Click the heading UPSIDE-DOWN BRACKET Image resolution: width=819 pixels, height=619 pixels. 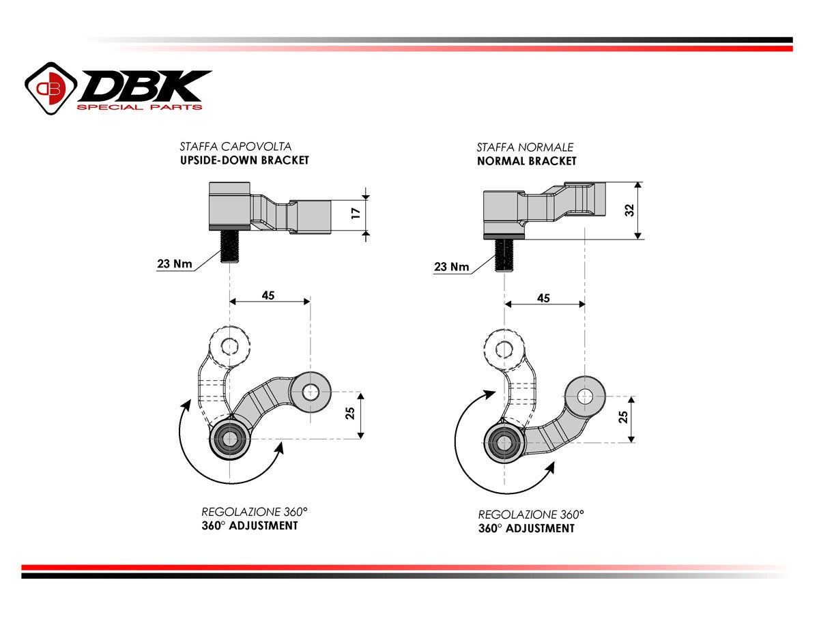[x=244, y=160]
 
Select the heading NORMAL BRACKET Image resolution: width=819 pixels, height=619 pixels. [x=526, y=161]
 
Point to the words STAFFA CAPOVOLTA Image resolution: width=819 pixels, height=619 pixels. [x=235, y=146]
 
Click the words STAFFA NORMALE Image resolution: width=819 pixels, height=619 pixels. [x=525, y=147]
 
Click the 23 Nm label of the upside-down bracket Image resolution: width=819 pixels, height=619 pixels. [x=174, y=263]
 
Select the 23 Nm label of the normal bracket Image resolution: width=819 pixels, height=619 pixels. [x=451, y=266]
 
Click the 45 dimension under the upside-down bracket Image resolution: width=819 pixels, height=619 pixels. [x=268, y=295]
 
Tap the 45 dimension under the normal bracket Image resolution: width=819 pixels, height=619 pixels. [x=543, y=298]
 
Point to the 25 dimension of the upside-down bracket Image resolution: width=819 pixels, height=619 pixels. [x=349, y=414]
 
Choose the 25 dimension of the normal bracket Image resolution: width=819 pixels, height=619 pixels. [x=622, y=417]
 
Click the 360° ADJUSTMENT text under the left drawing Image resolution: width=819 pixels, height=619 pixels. [x=249, y=526]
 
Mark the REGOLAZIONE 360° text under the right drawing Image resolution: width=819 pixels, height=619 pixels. [x=530, y=515]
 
